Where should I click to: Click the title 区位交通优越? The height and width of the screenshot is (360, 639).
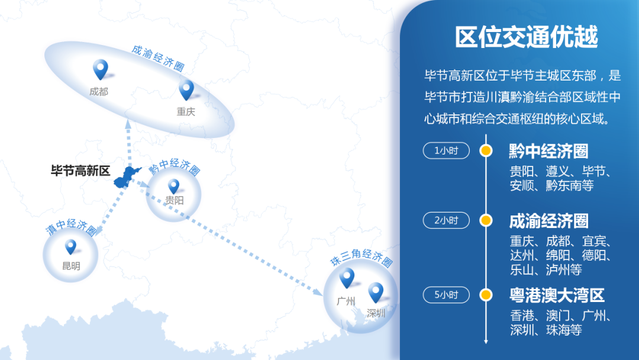pyautogui.click(x=526, y=37)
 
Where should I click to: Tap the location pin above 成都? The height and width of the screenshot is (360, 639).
pyautogui.click(x=100, y=70)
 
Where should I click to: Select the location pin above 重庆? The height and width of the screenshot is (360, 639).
pyautogui.click(x=186, y=91)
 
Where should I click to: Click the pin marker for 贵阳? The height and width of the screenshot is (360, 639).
pyautogui.click(x=173, y=187)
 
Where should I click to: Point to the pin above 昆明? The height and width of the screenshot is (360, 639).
pyautogui.click(x=70, y=247)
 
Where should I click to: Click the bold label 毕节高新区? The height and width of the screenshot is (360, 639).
pyautogui.click(x=80, y=171)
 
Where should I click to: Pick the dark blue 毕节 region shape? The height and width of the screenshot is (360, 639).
pyautogui.click(x=127, y=176)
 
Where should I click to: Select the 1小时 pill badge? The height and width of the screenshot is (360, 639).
pyautogui.click(x=446, y=150)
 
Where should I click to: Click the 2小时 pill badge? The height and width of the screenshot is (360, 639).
pyautogui.click(x=446, y=221)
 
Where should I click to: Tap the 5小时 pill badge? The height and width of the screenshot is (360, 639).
pyautogui.click(x=446, y=294)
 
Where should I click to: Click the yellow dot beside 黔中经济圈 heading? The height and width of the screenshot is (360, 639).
pyautogui.click(x=486, y=150)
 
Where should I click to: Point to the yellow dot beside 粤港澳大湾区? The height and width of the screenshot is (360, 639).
pyautogui.click(x=486, y=294)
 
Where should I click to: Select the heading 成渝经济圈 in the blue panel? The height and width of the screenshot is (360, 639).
pyautogui.click(x=548, y=221)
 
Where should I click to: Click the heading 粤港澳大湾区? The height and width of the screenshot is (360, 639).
pyautogui.click(x=557, y=295)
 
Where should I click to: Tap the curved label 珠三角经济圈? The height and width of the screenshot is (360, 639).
pyautogui.click(x=362, y=257)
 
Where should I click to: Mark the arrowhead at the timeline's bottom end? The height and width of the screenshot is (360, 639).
pyautogui.click(x=486, y=341)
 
